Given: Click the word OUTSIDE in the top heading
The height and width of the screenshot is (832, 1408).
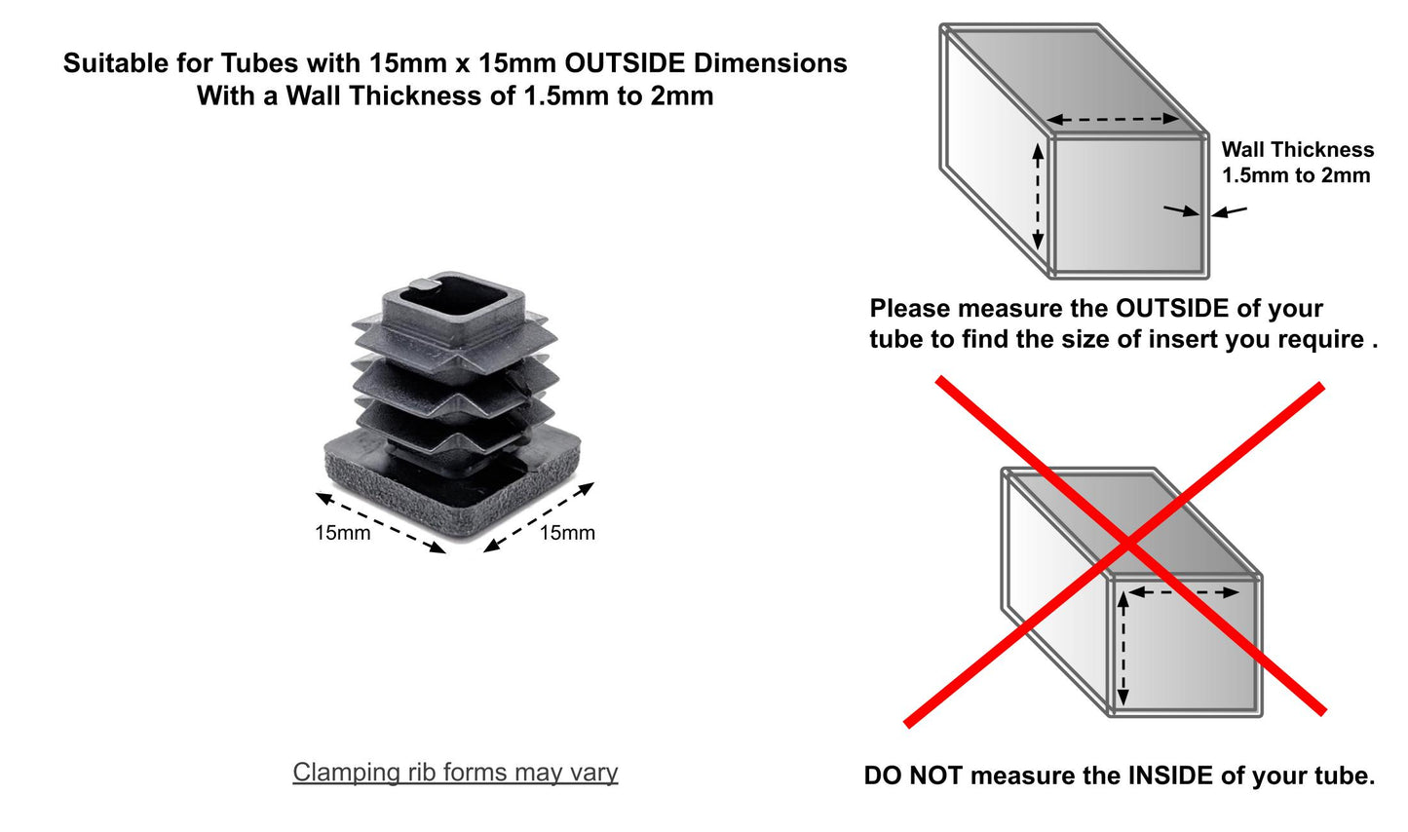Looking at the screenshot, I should pyautogui.click(x=626, y=63).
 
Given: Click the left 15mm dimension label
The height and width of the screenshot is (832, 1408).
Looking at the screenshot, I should pyautogui.click(x=342, y=533).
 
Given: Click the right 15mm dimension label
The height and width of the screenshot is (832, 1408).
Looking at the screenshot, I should pyautogui.click(x=567, y=533).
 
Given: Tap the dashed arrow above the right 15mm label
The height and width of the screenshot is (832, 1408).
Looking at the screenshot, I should pyautogui.click(x=539, y=517).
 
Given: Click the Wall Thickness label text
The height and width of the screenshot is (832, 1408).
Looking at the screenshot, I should pyautogui.click(x=1297, y=150).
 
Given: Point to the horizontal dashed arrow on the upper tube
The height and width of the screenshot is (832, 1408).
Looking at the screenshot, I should pyautogui.click(x=1113, y=120).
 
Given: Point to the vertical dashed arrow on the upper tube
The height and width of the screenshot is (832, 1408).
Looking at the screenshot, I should pyautogui.click(x=1038, y=196).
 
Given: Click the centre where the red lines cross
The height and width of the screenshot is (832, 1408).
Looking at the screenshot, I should pyautogui.click(x=1127, y=543).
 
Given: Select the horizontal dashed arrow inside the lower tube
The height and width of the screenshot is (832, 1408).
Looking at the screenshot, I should pyautogui.click(x=1183, y=591).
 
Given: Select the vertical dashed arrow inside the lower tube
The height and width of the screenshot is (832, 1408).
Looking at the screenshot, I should pyautogui.click(x=1123, y=649).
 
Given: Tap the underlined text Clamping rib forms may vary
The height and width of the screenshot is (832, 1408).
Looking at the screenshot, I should pyautogui.click(x=455, y=773).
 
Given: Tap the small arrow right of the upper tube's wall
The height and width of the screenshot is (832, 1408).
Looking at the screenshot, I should pyautogui.click(x=1230, y=210).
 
